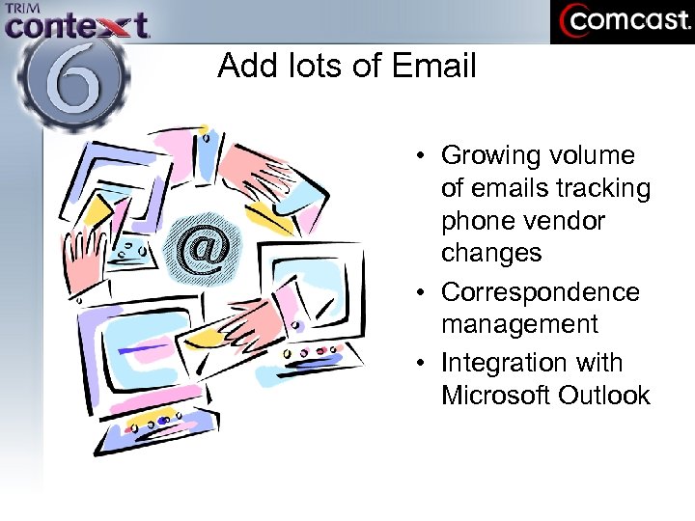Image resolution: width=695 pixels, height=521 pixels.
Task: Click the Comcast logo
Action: [623, 21]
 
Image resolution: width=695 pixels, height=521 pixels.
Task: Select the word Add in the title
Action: [242, 66]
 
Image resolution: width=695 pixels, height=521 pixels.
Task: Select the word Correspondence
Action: [540, 292]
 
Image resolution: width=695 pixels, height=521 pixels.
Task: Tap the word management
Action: [519, 324]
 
